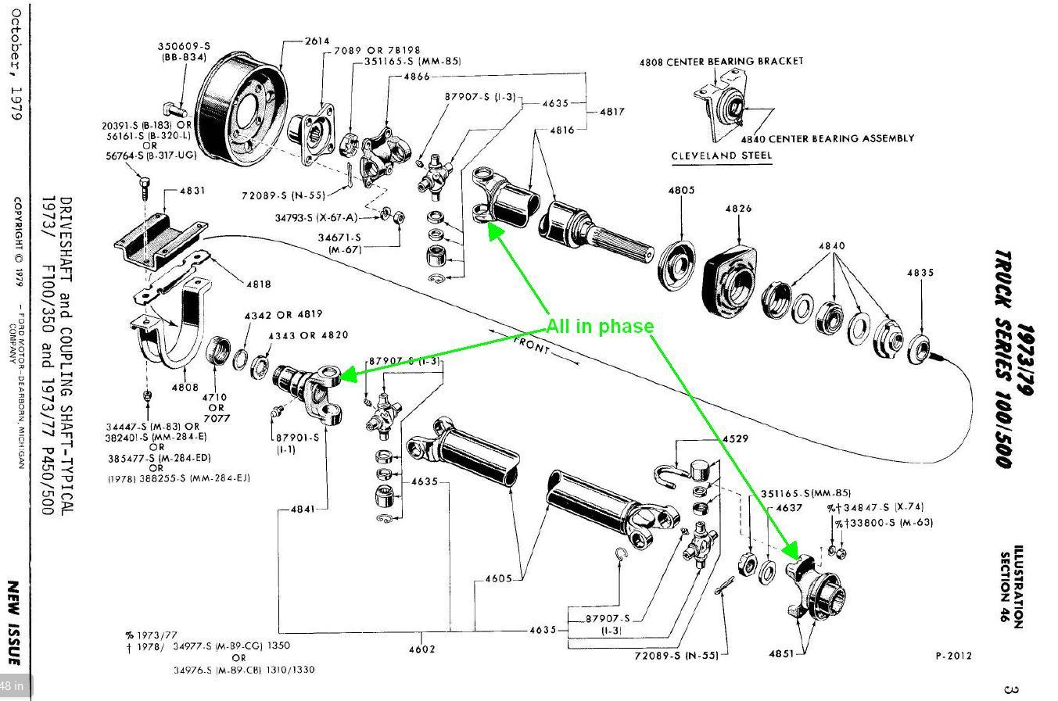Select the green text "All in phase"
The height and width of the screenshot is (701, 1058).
coord(599,327)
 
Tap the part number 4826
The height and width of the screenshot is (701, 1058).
coord(738,209)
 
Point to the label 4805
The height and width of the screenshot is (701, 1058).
coord(681,190)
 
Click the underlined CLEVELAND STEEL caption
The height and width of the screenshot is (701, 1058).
coord(721,156)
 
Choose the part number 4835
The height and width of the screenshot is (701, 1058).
coord(920,273)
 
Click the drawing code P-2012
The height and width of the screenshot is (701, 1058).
coord(953,656)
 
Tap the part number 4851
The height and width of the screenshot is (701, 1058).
coord(781,653)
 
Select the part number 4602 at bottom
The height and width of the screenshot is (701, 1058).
coord(421,649)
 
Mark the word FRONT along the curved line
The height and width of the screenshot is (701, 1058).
coord(532,345)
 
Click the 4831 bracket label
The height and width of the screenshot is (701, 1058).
coord(192,190)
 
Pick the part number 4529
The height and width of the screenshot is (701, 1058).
coord(735,439)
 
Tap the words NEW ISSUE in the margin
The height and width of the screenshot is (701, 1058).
coord(13,622)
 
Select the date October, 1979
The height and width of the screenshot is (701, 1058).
coord(14,63)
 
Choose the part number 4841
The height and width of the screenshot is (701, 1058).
coord(303,509)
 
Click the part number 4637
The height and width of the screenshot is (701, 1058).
coord(788,508)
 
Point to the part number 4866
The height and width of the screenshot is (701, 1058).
coord(417,77)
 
